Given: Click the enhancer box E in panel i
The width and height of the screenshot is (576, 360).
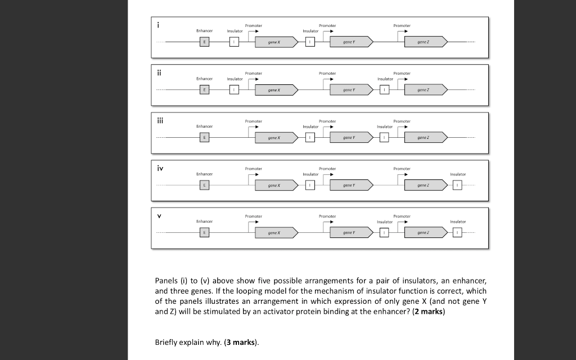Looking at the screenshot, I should click(205, 42).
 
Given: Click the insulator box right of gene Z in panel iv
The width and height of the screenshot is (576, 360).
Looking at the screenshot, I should click(458, 185).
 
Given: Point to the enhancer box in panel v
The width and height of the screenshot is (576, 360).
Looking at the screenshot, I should click(205, 232).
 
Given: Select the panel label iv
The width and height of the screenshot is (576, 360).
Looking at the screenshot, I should click(160, 168).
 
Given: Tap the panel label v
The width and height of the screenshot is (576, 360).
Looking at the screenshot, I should click(160, 215).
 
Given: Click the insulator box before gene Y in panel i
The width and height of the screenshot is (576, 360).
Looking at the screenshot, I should click(309, 42).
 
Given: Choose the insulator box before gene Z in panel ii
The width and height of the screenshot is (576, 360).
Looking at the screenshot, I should click(384, 89).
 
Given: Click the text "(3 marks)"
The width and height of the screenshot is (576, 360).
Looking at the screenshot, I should click(244, 343).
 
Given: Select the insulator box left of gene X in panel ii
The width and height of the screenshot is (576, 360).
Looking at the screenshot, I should click(235, 89).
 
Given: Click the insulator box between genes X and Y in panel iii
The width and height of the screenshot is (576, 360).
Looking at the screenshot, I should click(309, 137).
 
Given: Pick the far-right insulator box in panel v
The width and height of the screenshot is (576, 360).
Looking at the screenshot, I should click(458, 232).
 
